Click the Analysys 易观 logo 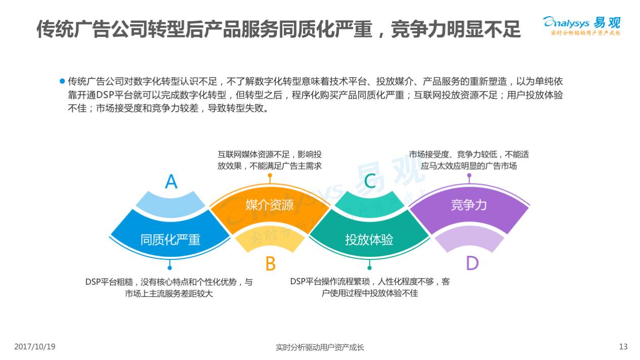click(x=582, y=25)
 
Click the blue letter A click(x=172, y=181)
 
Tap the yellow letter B click(x=270, y=263)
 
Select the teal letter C click(x=370, y=181)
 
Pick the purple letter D click(x=472, y=263)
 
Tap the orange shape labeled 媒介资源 click(x=269, y=205)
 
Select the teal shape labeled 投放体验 click(x=369, y=239)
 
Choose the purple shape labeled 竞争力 click(x=468, y=205)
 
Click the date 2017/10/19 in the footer click(x=34, y=347)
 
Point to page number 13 click(x=623, y=347)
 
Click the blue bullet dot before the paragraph click(x=62, y=81)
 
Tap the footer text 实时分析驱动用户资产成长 click(x=320, y=347)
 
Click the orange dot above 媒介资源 click(x=270, y=175)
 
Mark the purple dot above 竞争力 click(x=469, y=175)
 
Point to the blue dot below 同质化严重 click(x=169, y=267)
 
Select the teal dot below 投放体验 click(x=369, y=267)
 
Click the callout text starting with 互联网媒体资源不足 click(x=270, y=160)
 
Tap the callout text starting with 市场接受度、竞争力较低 click(x=468, y=160)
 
